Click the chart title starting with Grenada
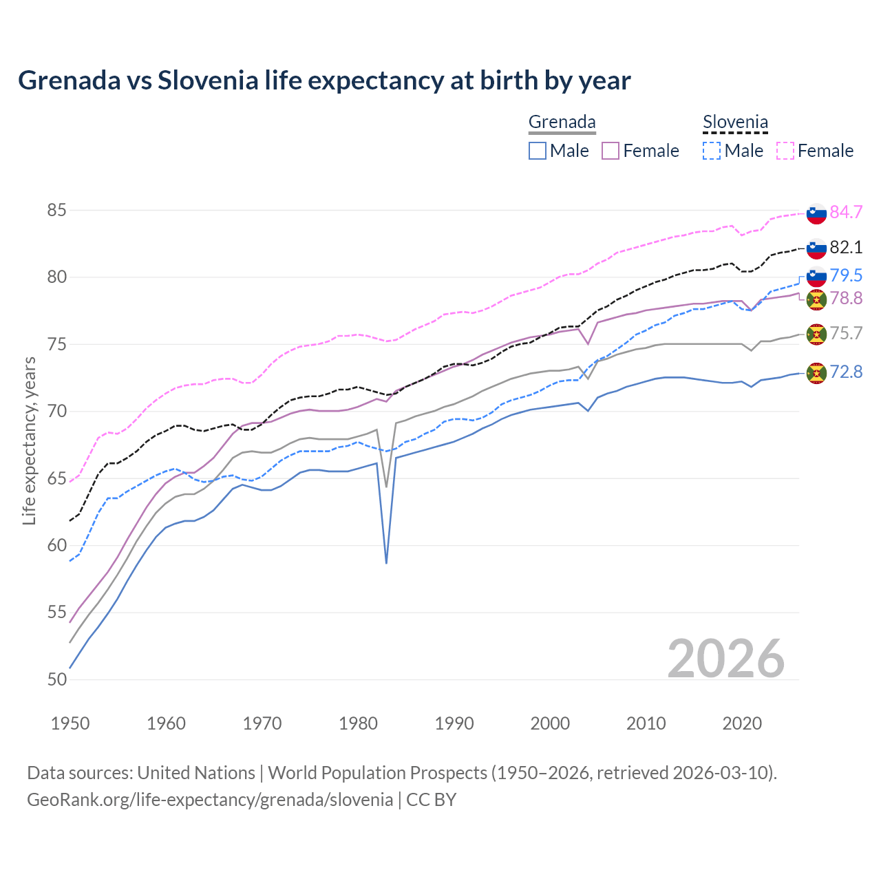[x=324, y=81]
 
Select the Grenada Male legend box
[x=538, y=151]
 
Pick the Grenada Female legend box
[x=611, y=151]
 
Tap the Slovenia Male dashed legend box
[x=712, y=151]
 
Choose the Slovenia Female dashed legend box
[x=785, y=151]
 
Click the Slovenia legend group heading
[x=735, y=123]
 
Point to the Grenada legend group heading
[x=562, y=123]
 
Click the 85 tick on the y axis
[x=57, y=210]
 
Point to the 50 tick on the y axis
[x=57, y=679]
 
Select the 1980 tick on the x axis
[x=359, y=723]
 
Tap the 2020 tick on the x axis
[x=742, y=723]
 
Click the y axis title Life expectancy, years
[x=29, y=440]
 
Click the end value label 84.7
[x=846, y=212]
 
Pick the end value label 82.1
[x=846, y=247]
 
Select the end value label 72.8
[x=846, y=372]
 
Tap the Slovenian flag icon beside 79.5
[x=816, y=276]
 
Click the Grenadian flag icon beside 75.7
[x=816, y=335]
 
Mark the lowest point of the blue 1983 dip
[x=386, y=563]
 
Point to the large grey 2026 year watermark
[x=725, y=659]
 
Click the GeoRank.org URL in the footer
[x=210, y=800]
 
